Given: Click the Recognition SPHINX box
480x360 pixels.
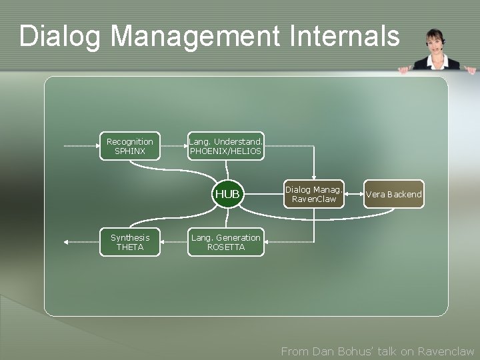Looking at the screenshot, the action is [129, 147].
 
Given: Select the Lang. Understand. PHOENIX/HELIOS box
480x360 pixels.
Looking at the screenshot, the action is [226, 147].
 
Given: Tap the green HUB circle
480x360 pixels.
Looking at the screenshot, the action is [227, 194].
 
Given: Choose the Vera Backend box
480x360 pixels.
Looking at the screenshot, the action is [393, 194].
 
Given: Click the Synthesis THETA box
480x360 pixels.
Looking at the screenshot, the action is [129, 242].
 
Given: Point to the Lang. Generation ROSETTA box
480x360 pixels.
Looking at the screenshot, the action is [226, 242].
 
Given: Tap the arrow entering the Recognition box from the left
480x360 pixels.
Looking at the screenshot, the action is [81, 146].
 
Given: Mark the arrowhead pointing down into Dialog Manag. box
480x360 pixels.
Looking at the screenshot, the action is [314, 175].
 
